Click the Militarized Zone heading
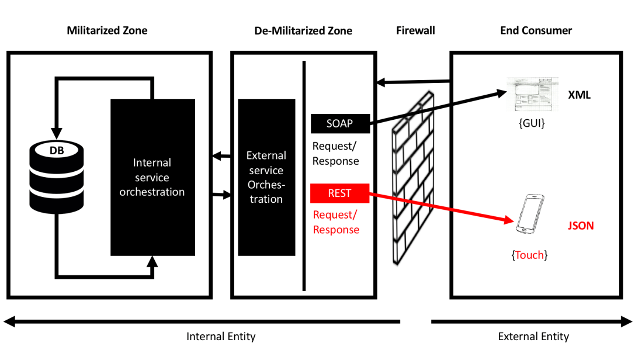coord(107,30)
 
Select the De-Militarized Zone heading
coord(303,30)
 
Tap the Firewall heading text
coord(415,30)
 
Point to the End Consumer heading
coord(536,30)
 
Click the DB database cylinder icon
coord(57,175)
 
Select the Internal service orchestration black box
coord(152,177)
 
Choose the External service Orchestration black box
coord(266,177)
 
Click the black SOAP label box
coord(339,123)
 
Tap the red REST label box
coord(339,193)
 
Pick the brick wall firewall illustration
coord(414,178)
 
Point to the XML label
coord(579,95)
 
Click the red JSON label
coord(581,226)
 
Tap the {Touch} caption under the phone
coord(529,255)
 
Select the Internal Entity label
coord(221,337)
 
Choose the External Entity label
coord(533,337)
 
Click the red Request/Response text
coord(336,222)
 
